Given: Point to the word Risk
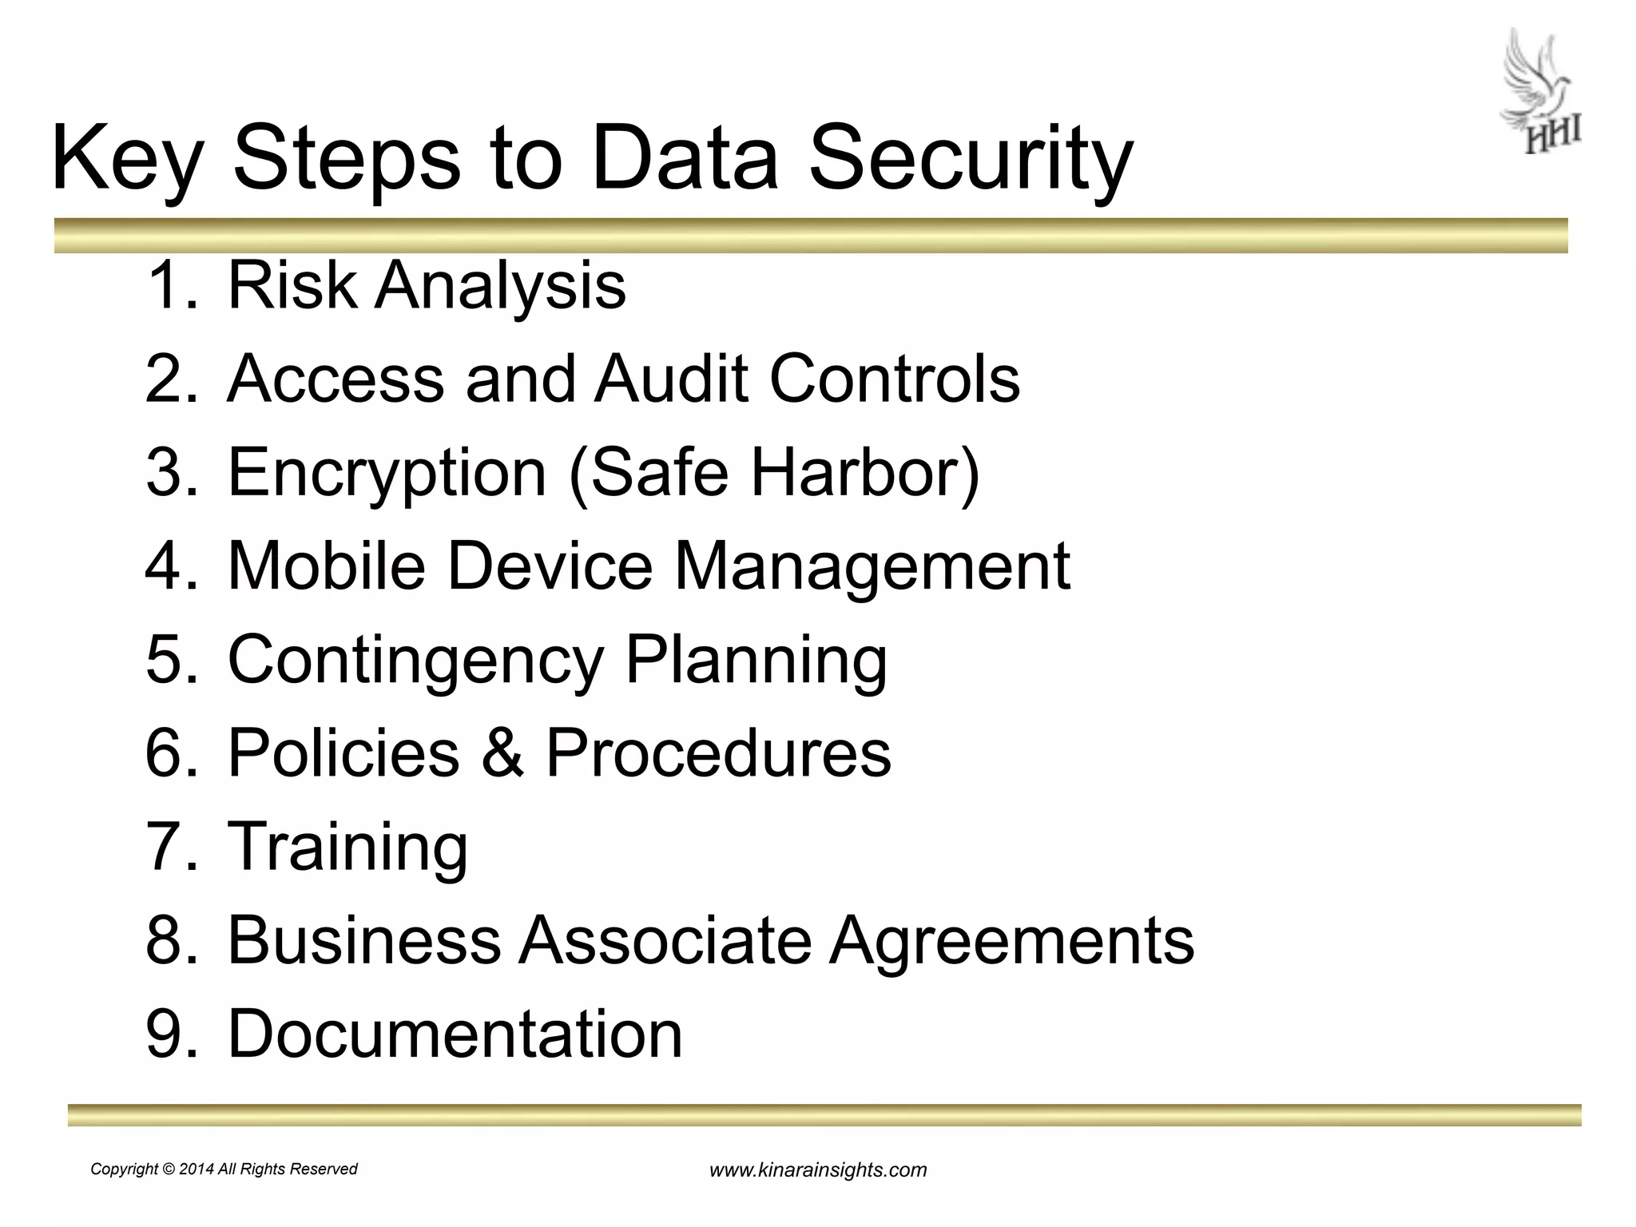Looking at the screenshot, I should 292,284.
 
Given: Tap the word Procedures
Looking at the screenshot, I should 717,752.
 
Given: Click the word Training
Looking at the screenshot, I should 348,847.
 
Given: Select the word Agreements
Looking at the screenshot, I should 1011,941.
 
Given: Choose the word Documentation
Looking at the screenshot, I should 455,1033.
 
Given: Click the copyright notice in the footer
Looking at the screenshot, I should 224,1169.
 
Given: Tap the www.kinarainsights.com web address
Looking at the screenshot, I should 818,1170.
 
